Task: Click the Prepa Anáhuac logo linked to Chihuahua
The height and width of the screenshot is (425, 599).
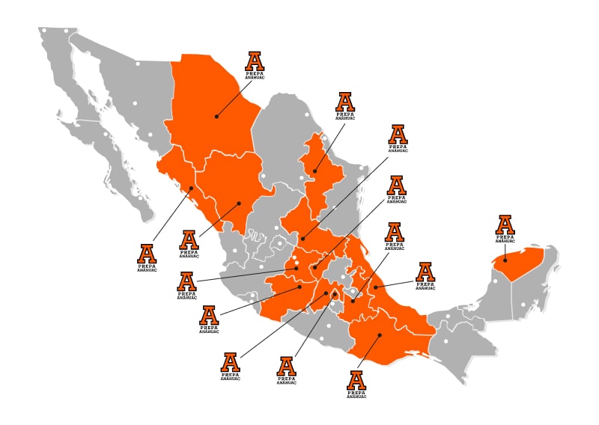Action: click(255, 64)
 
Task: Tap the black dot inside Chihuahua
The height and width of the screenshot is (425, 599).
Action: click(216, 116)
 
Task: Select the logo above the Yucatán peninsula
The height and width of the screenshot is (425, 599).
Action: click(505, 227)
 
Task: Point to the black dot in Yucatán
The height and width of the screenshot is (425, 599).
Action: click(505, 260)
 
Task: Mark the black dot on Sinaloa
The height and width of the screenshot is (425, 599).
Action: click(192, 188)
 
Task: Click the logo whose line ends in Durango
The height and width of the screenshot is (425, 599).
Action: click(189, 242)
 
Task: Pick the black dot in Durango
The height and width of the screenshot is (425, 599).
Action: click(239, 203)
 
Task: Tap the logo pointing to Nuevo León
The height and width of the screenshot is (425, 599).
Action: click(344, 105)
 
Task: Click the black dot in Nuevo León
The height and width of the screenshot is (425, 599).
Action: click(314, 171)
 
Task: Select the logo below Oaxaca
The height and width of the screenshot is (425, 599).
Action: click(357, 382)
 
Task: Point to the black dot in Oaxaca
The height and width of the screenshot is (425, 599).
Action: click(379, 334)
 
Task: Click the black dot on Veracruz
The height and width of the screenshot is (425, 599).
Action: click(374, 287)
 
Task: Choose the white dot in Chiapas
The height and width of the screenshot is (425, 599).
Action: click(446, 342)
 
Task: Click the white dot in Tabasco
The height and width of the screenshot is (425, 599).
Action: click(449, 316)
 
